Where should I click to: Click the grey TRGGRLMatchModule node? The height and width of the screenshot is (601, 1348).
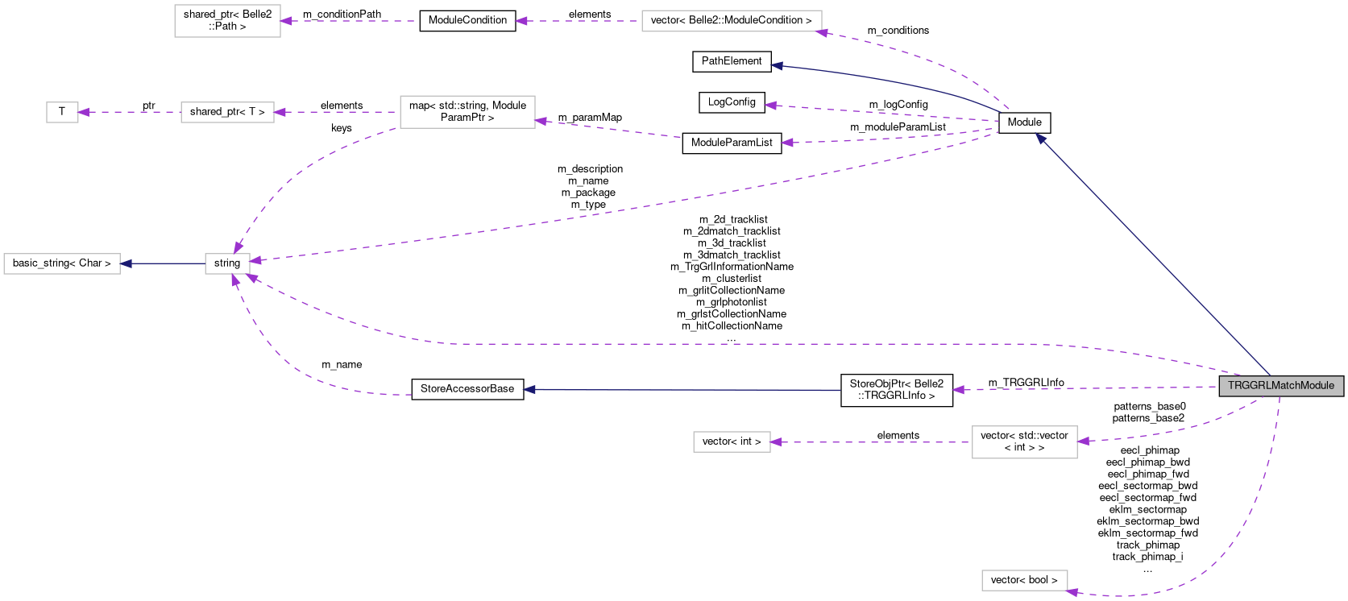pyautogui.click(x=1281, y=386)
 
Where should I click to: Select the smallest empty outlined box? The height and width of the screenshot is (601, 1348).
pyautogui.click(x=62, y=112)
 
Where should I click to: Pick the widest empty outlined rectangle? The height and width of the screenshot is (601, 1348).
pyautogui.click(x=732, y=21)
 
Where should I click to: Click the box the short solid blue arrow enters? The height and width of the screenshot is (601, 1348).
pyautogui.click(x=62, y=263)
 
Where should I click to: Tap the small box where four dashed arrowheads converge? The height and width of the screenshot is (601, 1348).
pyautogui.click(x=227, y=263)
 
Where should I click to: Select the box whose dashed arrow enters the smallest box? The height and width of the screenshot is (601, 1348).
pyautogui.click(x=227, y=112)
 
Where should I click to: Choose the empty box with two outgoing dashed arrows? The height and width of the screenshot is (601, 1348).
pyautogui.click(x=467, y=112)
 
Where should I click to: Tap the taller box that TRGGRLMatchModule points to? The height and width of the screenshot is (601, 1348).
pyautogui.click(x=1024, y=442)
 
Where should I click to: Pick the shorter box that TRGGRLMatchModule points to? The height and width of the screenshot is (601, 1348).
pyautogui.click(x=1024, y=580)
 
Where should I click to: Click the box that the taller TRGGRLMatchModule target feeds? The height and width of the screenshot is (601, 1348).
pyautogui.click(x=732, y=442)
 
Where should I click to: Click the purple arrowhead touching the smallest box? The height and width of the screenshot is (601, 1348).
pyautogui.click(x=84, y=112)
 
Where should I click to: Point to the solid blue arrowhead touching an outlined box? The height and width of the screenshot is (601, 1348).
pyautogui.click(x=126, y=263)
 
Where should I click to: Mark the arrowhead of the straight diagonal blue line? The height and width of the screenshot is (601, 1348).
pyautogui.click(x=1041, y=139)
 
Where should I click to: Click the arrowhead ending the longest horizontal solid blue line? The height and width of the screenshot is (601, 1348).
pyautogui.click(x=529, y=390)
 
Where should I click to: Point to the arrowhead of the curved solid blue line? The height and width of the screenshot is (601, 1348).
pyautogui.click(x=777, y=66)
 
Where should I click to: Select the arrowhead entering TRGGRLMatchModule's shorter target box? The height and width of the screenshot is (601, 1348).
pyautogui.click(x=1072, y=593)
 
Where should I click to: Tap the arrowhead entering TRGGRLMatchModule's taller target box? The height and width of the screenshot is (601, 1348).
pyautogui.click(x=1083, y=441)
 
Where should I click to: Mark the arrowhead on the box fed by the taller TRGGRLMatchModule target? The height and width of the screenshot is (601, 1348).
pyautogui.click(x=776, y=442)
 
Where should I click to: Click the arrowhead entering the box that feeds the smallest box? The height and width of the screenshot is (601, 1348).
pyautogui.click(x=280, y=112)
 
